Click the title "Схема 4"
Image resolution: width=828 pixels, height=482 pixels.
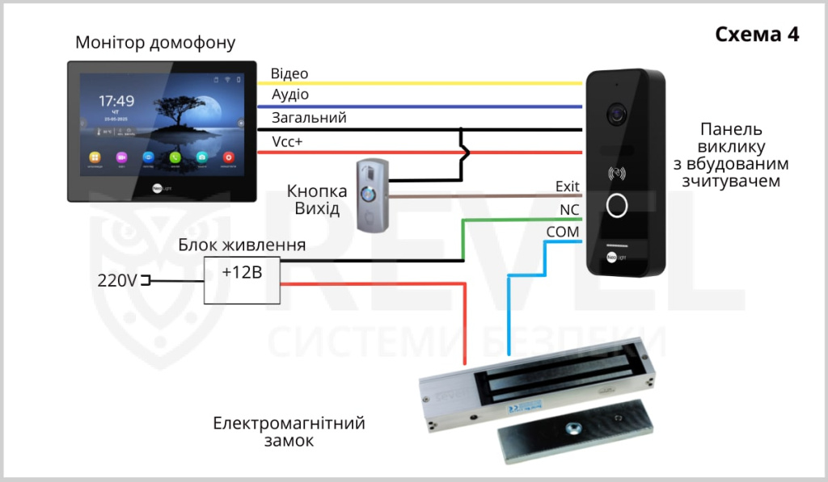tap(757, 35)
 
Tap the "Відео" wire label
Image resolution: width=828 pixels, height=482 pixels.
tap(289, 73)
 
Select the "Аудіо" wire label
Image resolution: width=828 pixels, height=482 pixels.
tap(289, 95)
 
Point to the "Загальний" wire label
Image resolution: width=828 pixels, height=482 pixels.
tap(309, 118)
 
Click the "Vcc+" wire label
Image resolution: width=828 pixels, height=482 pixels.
tap(287, 141)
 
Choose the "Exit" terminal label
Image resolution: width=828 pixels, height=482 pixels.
tap(568, 187)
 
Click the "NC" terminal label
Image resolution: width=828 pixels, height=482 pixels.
tap(570, 210)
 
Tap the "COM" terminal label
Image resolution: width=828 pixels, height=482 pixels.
tap(562, 233)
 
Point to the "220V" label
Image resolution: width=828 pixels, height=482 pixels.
tap(116, 281)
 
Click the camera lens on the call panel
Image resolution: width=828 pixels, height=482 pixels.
tap(619, 114)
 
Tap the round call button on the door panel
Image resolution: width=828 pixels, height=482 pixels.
tap(618, 205)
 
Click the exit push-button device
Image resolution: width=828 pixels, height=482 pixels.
tap(373, 195)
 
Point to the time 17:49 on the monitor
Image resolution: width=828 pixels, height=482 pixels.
tap(116, 101)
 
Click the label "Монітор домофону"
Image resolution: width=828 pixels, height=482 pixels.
tap(155, 43)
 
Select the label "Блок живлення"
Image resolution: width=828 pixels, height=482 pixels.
tap(242, 245)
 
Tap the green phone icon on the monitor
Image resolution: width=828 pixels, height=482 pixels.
tap(175, 157)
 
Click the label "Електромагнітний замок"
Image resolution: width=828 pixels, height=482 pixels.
tap(289, 432)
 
